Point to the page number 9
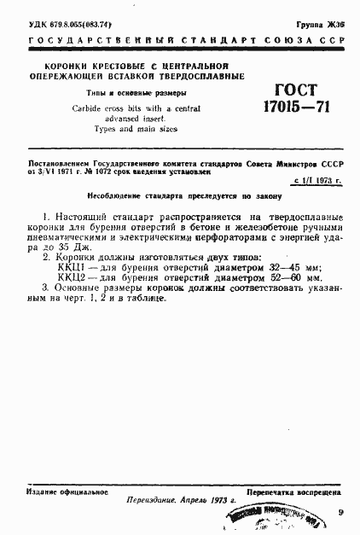coord(340,513)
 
